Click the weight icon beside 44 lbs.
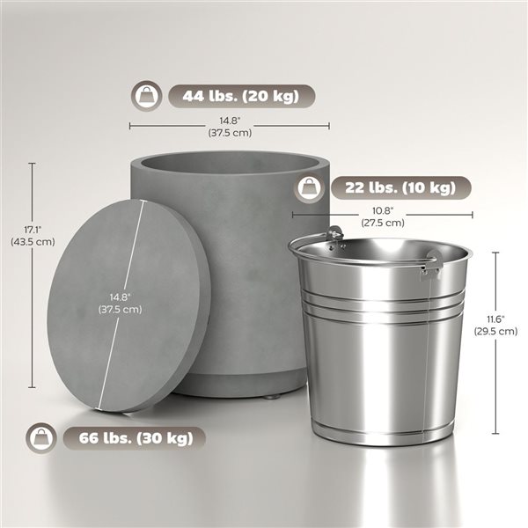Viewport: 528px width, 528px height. click(x=146, y=95)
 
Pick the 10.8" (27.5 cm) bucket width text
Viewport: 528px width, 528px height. click(x=383, y=216)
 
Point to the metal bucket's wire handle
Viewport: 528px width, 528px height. click(x=312, y=240)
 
